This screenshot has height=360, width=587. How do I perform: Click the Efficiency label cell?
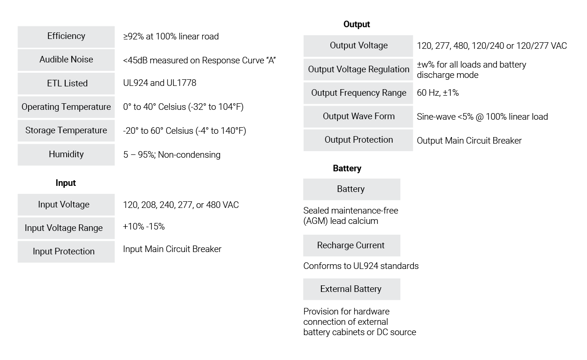pyautogui.click(x=66, y=37)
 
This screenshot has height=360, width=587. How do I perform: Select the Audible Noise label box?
pyautogui.click(x=66, y=60)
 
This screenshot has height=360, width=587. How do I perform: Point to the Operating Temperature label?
pyautogui.click(x=66, y=107)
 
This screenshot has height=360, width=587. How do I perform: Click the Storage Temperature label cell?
pyautogui.click(x=66, y=130)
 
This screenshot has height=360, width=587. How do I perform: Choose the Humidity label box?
pyautogui.click(x=66, y=154)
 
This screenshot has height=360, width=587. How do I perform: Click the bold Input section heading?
pyautogui.click(x=66, y=183)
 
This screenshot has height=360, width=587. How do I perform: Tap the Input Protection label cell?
pyautogui.click(x=66, y=252)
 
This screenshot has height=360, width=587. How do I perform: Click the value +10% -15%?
pyautogui.click(x=144, y=227)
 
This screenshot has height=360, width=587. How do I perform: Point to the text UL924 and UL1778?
pyautogui.click(x=160, y=83)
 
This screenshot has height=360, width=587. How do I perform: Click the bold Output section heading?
pyautogui.click(x=357, y=24)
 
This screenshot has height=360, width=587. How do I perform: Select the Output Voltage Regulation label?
pyautogui.click(x=358, y=69)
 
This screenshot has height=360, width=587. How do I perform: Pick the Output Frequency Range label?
pyautogui.click(x=358, y=93)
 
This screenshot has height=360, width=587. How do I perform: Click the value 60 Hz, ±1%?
pyautogui.click(x=438, y=93)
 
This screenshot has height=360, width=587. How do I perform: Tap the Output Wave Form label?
pyautogui.click(x=358, y=116)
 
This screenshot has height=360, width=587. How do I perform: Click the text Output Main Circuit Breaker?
pyautogui.click(x=469, y=140)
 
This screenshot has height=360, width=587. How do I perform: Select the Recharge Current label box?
pyautogui.click(x=351, y=245)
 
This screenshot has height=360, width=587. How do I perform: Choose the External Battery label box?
pyautogui.click(x=351, y=289)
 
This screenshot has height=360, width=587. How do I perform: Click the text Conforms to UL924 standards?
pyautogui.click(x=361, y=266)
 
